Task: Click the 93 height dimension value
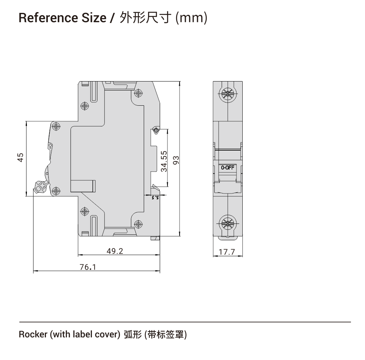click(x=176, y=160)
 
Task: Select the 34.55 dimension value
click(x=164, y=161)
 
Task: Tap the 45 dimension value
click(x=21, y=157)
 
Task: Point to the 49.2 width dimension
click(x=115, y=251)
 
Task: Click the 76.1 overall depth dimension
click(x=88, y=267)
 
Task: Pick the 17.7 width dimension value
click(x=227, y=252)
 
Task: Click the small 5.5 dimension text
click(x=155, y=198)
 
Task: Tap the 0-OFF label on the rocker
click(x=227, y=168)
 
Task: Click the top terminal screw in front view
click(x=227, y=94)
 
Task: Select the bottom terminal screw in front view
click(x=227, y=224)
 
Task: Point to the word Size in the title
click(x=94, y=18)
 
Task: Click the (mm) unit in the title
click(x=191, y=18)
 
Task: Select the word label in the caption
click(x=79, y=334)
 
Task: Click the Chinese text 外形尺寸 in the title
click(x=146, y=18)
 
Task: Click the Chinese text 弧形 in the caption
click(x=133, y=335)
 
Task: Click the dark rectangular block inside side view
click(x=83, y=186)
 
